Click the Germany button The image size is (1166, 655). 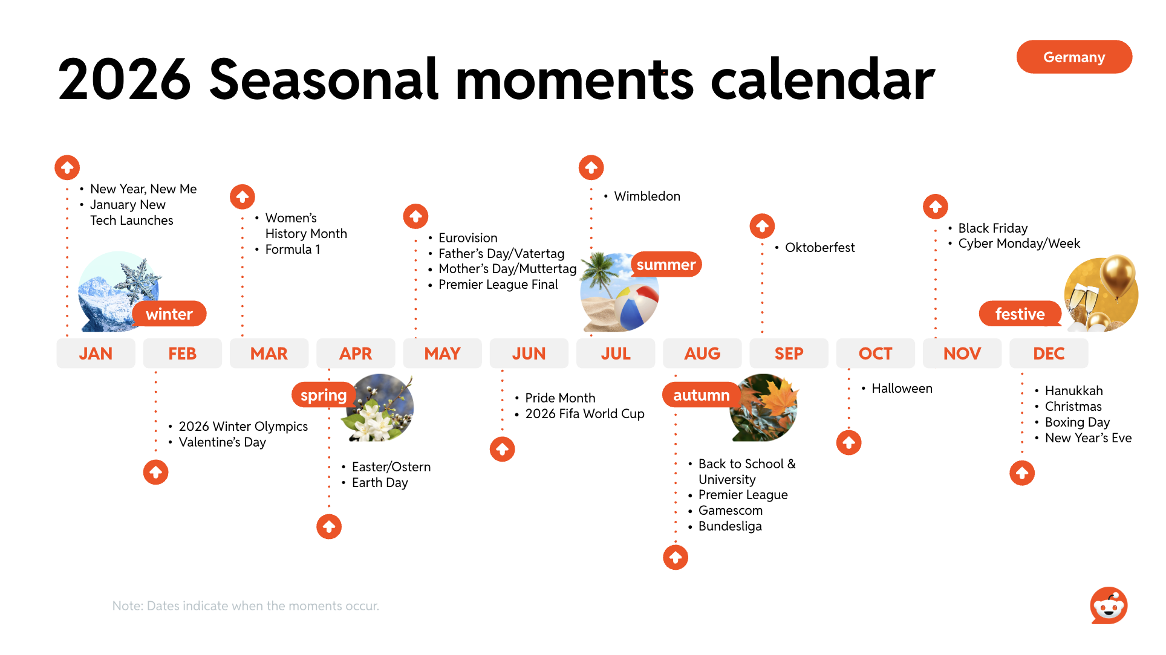tap(1074, 57)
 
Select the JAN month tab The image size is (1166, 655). tap(96, 353)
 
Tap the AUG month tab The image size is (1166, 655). tap(702, 353)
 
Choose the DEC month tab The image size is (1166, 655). tap(1049, 353)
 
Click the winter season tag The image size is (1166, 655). tap(169, 314)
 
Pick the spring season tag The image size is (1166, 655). tap(324, 395)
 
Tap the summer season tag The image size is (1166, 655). tap(666, 265)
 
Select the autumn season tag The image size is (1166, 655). tap(702, 395)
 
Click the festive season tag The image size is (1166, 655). tap(1020, 314)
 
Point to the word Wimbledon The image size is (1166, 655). tap(647, 196)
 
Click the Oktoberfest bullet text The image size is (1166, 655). tap(819, 248)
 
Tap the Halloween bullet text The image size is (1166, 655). tap(902, 389)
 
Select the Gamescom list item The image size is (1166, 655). tap(731, 511)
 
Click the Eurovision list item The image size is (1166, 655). tap(468, 238)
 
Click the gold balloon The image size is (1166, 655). tap(1118, 276)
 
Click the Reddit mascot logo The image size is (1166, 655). tap(1109, 605)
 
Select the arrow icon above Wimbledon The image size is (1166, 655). tap(591, 167)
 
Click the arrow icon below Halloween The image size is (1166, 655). tap(849, 442)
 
